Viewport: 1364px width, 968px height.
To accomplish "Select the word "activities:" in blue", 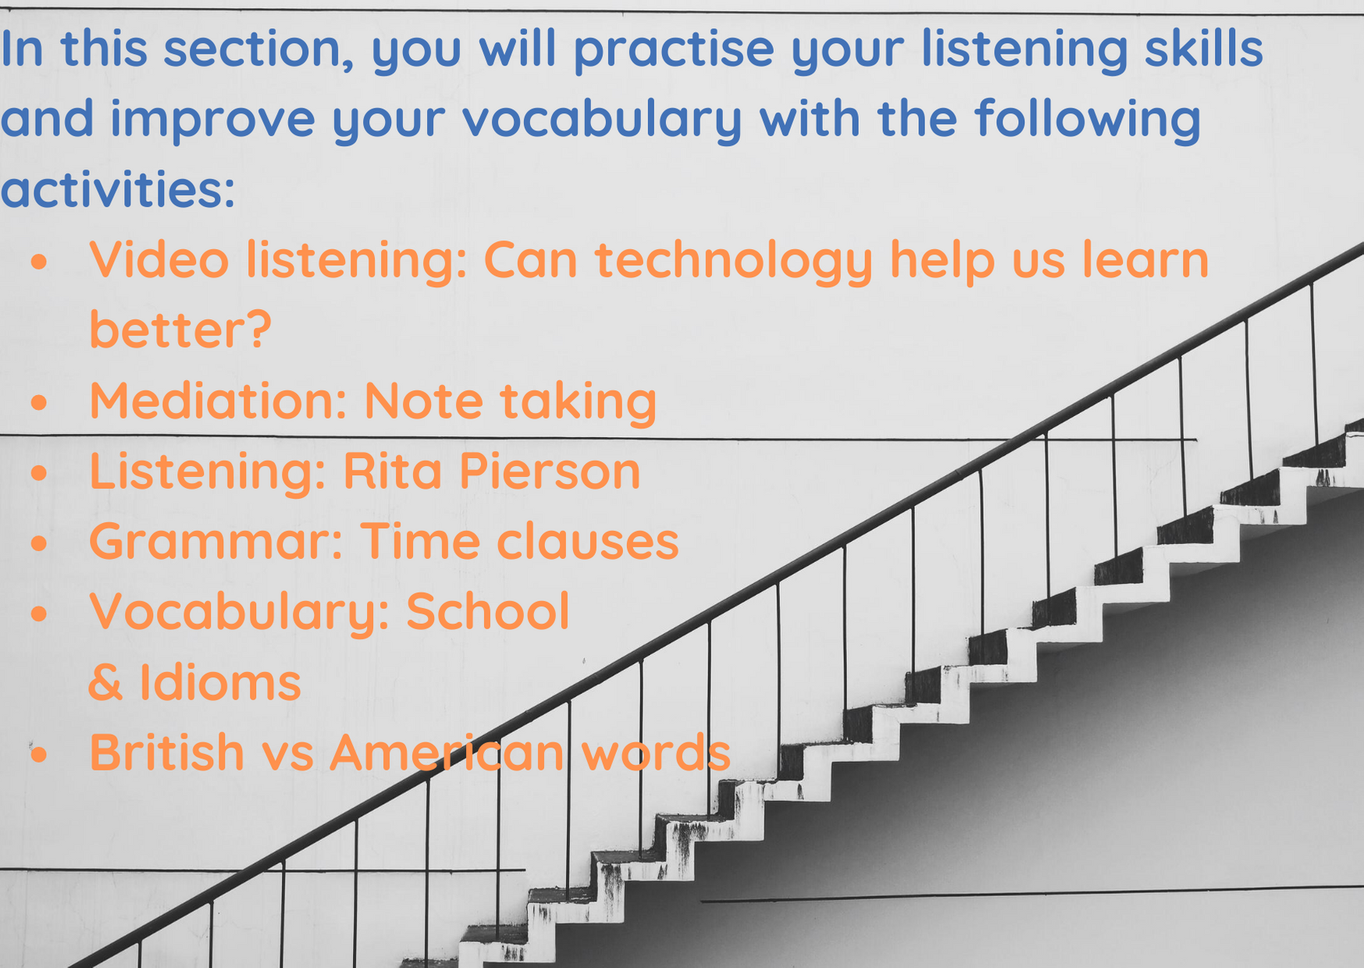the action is pos(118,188).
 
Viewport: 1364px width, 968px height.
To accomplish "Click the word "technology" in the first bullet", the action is pos(735,262).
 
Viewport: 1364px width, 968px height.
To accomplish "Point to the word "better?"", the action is pos(180,329).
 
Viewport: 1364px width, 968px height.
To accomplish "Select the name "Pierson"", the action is pos(550,471).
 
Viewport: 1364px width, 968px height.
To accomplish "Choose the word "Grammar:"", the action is pos(216,541).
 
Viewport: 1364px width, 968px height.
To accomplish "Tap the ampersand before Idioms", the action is pos(106,682).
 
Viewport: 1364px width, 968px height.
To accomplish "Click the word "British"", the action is pos(167,752).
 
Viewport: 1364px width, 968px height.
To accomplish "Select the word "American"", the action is pos(447,752).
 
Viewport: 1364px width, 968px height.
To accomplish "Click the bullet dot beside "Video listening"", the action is pos(39,262).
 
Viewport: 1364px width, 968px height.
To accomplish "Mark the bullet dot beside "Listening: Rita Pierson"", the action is pos(39,474).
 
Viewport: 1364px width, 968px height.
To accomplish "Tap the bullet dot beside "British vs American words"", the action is pos(39,755).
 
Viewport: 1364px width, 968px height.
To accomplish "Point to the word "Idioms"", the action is pos(220,682).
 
